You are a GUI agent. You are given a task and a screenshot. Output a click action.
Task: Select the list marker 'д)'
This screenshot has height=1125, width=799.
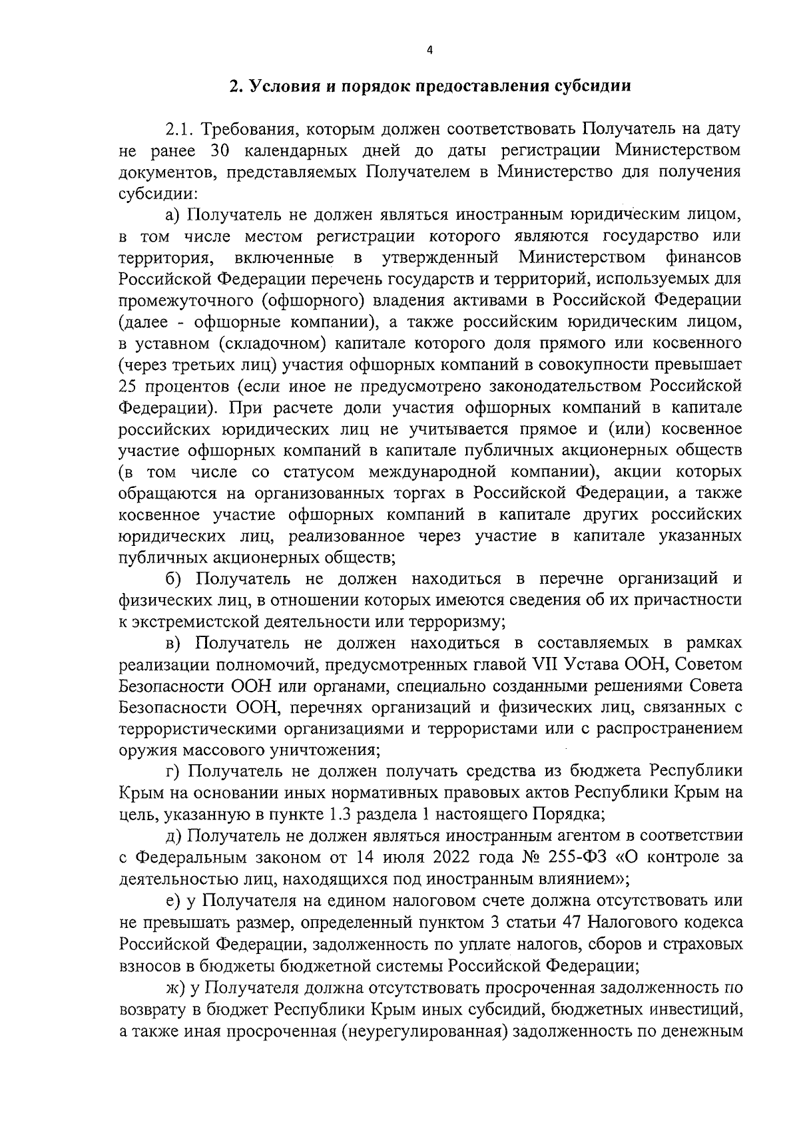174,835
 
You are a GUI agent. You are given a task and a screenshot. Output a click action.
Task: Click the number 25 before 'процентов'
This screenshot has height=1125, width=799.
129,386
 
